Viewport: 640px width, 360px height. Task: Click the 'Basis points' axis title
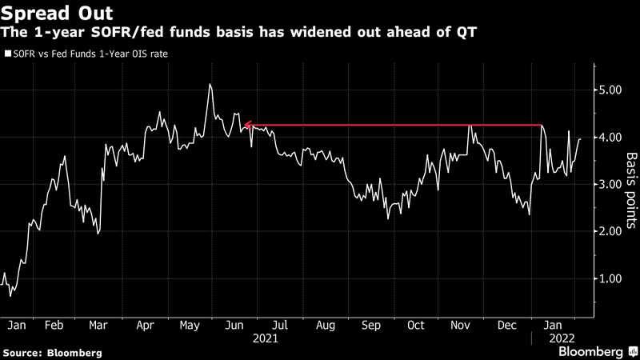click(630, 185)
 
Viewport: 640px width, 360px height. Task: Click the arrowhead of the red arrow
click(247, 125)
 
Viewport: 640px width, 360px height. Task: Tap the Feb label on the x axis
click(54, 326)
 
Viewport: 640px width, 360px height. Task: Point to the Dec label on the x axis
click(506, 326)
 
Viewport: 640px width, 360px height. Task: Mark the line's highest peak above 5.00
click(210, 84)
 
